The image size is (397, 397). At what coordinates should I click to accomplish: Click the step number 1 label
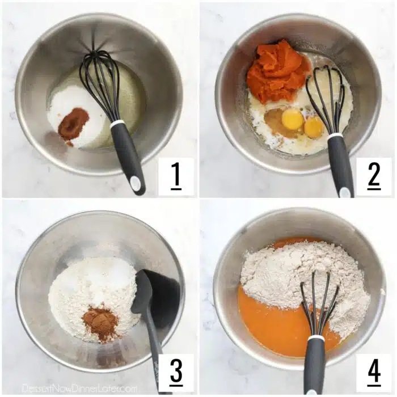[x=176, y=176]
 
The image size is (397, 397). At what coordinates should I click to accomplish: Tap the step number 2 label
[x=374, y=176]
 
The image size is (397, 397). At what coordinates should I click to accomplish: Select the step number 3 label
[x=176, y=373]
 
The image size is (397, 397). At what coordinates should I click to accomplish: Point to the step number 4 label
[x=374, y=373]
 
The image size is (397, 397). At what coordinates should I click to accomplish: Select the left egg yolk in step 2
[x=293, y=119]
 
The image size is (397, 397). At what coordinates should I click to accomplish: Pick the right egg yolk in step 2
[x=314, y=127]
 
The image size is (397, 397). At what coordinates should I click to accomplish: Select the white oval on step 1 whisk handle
[x=136, y=181]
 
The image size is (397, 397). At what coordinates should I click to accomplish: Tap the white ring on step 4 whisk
[x=316, y=338]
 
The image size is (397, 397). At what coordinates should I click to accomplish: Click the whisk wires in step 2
[x=326, y=96]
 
